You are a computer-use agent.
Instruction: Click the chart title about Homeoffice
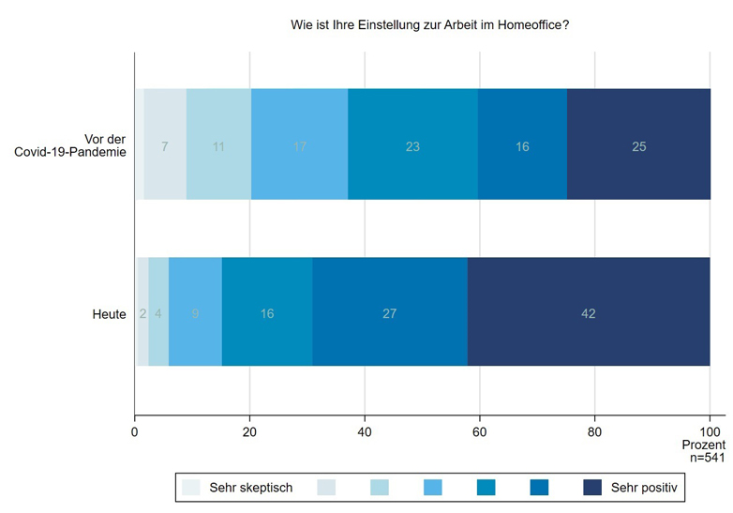click(430, 25)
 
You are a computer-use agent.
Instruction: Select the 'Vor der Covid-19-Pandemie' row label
click(70, 145)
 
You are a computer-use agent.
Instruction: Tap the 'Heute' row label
click(109, 314)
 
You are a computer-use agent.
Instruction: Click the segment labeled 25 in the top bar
click(638, 145)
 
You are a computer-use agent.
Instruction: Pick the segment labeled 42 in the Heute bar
click(589, 313)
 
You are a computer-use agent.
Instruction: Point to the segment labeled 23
click(412, 145)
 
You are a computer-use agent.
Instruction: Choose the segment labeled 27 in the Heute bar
click(390, 313)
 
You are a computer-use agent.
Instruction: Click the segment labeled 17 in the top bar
click(299, 145)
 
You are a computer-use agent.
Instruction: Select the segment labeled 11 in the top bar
click(218, 145)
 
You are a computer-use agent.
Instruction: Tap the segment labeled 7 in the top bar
click(165, 145)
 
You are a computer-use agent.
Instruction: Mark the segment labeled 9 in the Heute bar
click(195, 313)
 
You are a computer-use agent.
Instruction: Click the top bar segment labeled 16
click(522, 145)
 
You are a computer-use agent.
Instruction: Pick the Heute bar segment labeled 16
click(267, 313)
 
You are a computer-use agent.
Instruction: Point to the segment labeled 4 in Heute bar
click(158, 313)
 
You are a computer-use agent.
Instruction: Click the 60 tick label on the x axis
click(480, 432)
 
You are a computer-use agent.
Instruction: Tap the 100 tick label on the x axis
click(710, 432)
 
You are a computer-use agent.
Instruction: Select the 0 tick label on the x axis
click(135, 432)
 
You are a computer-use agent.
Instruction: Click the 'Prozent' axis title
click(704, 445)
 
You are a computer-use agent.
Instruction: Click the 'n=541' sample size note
click(706, 458)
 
